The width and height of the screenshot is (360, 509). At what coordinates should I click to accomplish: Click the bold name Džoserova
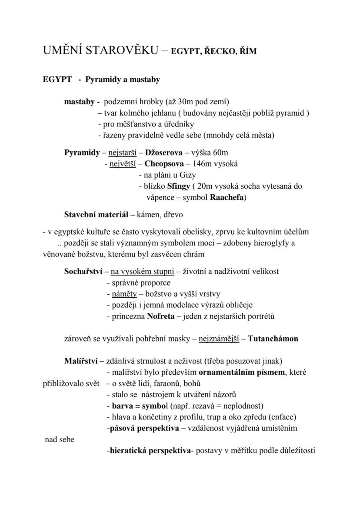(164, 153)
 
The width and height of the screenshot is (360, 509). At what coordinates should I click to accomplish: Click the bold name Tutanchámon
(273, 339)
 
